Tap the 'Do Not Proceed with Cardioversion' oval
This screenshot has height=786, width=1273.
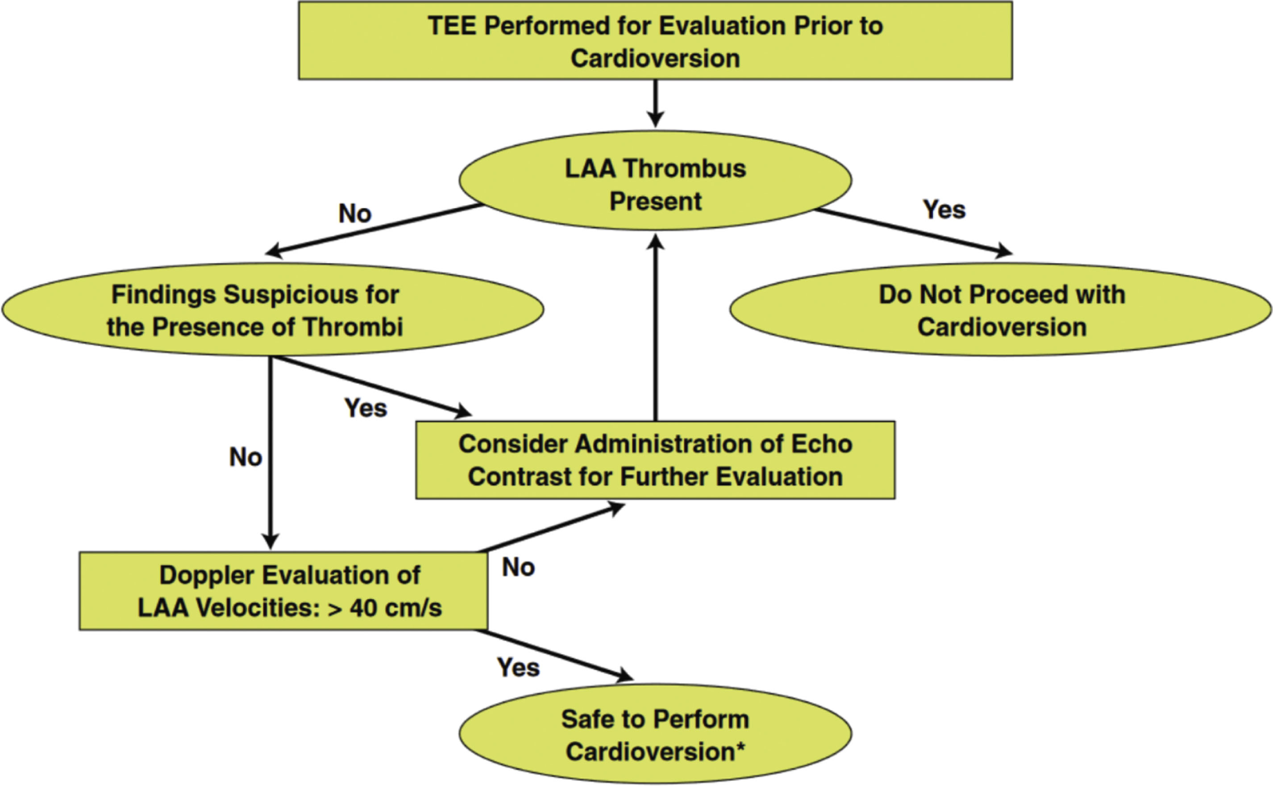tap(1001, 310)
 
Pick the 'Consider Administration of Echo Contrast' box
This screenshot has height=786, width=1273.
tap(655, 460)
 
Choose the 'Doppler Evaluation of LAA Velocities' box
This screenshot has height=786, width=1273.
tap(283, 591)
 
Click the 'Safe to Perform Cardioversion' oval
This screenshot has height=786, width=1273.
tap(655, 734)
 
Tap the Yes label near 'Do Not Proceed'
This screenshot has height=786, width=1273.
tap(944, 210)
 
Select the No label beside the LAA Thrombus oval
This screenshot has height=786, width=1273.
tap(355, 214)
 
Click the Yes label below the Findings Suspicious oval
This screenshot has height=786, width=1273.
tap(366, 409)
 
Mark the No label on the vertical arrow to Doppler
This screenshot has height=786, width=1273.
tap(245, 458)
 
